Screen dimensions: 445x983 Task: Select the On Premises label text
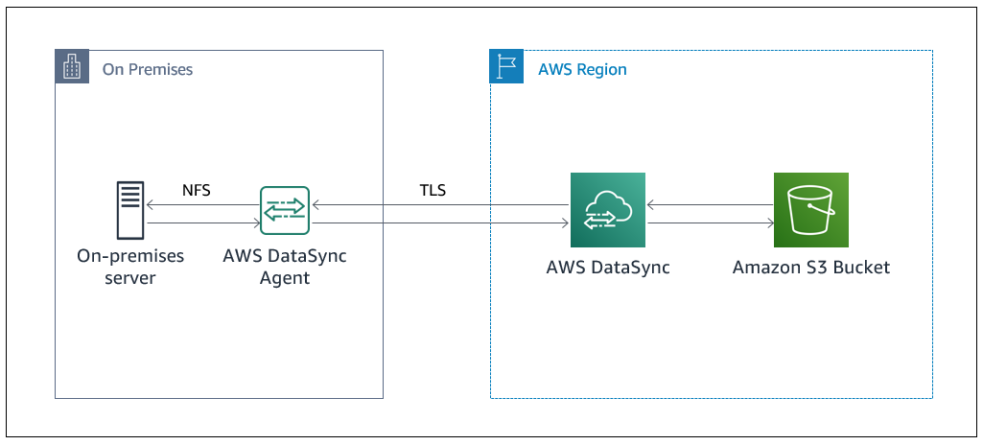tap(148, 69)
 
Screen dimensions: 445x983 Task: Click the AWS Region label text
tap(582, 69)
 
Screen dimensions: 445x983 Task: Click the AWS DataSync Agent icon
tap(285, 211)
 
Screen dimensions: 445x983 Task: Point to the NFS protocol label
tap(197, 190)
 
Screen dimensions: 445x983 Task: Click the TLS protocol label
tap(433, 190)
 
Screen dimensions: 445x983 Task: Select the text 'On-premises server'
tap(130, 267)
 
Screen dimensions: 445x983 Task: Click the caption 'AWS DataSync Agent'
tap(285, 267)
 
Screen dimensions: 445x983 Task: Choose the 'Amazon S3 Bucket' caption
tap(811, 268)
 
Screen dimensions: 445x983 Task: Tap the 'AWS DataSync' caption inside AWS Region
tap(608, 268)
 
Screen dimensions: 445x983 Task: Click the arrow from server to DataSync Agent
tap(203, 223)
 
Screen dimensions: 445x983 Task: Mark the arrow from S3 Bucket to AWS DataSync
tap(710, 204)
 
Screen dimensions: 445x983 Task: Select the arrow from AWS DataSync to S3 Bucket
tap(710, 223)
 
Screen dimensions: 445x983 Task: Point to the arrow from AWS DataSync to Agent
tap(441, 204)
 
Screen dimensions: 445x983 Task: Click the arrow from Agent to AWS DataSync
tap(441, 223)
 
